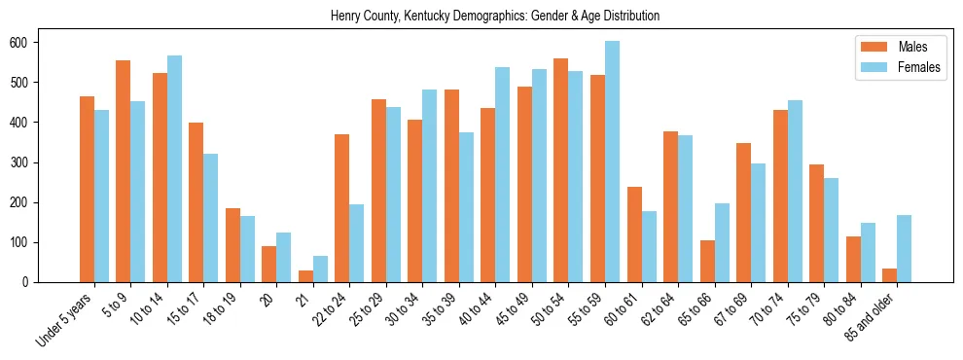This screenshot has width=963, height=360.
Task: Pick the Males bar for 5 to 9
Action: click(123, 171)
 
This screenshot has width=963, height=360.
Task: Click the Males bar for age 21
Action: click(305, 276)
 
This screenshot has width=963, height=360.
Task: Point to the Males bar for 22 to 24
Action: click(342, 208)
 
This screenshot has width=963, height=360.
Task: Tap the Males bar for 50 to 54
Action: click(561, 170)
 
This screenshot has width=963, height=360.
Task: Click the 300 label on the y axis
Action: click(25, 162)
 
